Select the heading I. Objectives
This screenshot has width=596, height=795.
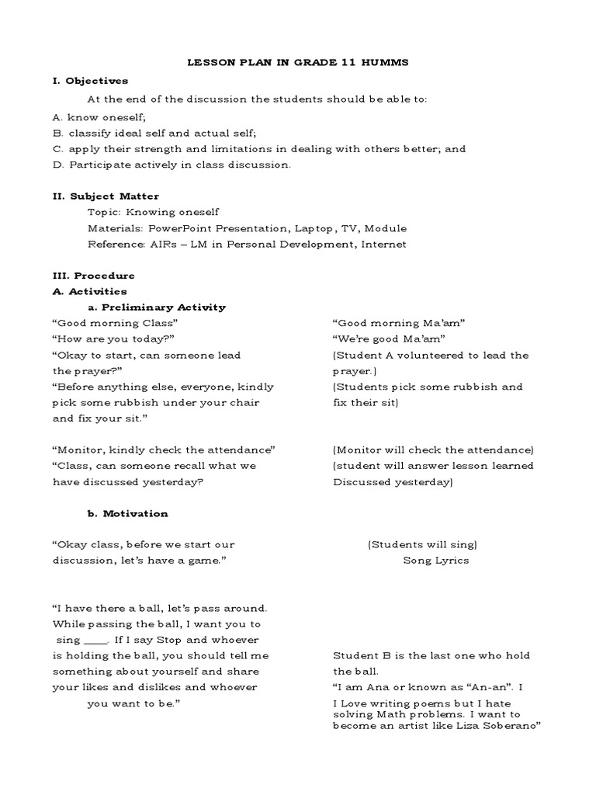[90, 80]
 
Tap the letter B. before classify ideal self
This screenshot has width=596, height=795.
[57, 133]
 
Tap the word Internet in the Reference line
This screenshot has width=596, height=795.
[379, 244]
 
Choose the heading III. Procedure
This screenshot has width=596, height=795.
[93, 276]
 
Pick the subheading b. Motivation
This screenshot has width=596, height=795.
[127, 513]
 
